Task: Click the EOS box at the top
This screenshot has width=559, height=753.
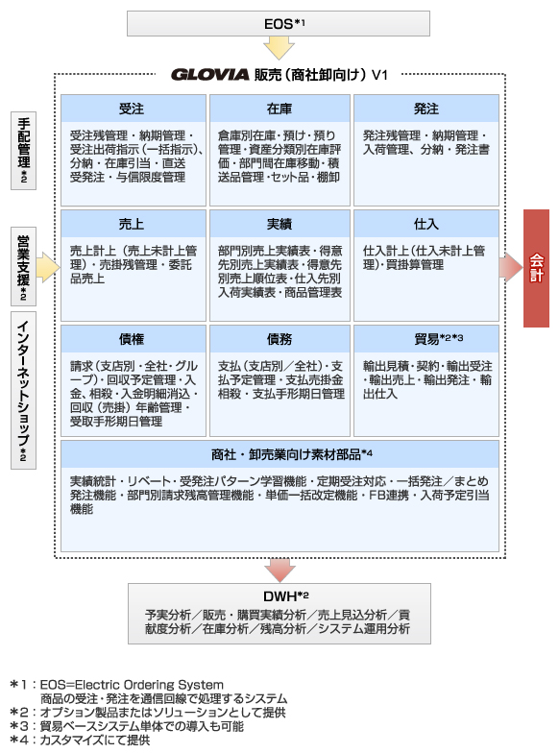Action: pyautogui.click(x=279, y=23)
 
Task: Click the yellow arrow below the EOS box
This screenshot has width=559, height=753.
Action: pyautogui.click(x=279, y=48)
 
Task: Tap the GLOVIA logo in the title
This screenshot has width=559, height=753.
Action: pyautogui.click(x=209, y=75)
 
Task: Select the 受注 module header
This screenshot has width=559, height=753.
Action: pyautogui.click(x=133, y=109)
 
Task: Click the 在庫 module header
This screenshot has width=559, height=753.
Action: pyautogui.click(x=279, y=109)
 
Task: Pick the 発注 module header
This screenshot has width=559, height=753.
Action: pyautogui.click(x=426, y=109)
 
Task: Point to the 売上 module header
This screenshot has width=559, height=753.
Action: pyautogui.click(x=133, y=224)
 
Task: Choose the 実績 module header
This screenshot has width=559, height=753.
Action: pyautogui.click(x=279, y=224)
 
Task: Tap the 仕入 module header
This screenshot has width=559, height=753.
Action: pyautogui.click(x=426, y=224)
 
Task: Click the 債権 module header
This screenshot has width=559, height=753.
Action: pyautogui.click(x=133, y=339)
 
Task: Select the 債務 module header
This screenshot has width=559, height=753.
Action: pyautogui.click(x=279, y=339)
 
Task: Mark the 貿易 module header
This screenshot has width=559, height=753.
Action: pyautogui.click(x=426, y=339)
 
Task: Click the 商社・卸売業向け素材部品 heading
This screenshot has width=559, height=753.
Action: pyautogui.click(x=292, y=454)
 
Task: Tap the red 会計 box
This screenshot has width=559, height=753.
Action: pyautogui.click(x=536, y=268)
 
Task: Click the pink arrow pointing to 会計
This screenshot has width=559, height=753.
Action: pyautogui.click(x=511, y=268)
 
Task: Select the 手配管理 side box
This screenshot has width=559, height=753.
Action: pyautogui.click(x=23, y=151)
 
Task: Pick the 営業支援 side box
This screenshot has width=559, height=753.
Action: pyautogui.click(x=23, y=267)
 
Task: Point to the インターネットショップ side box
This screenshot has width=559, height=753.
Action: pyautogui.click(x=23, y=390)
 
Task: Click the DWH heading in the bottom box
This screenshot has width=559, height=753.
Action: pyautogui.click(x=286, y=596)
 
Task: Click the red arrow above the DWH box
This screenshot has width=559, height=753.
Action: pyautogui.click(x=279, y=571)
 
